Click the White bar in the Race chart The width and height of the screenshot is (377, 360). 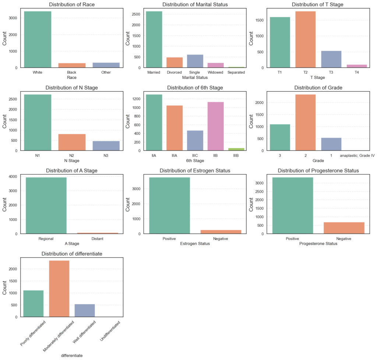(38, 39)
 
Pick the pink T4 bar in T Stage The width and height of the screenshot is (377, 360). (357, 66)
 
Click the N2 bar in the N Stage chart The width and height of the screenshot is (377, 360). (72, 142)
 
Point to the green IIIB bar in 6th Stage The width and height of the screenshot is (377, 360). (236, 149)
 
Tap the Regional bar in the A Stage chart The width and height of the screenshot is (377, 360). (46, 205)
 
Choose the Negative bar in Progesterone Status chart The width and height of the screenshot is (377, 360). (344, 228)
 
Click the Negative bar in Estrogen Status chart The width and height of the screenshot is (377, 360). (221, 232)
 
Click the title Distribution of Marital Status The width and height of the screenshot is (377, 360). (195, 5)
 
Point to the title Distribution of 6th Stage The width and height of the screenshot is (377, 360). (195, 88)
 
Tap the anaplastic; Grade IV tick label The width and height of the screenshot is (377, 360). (357, 156)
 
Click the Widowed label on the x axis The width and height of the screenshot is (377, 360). (215, 73)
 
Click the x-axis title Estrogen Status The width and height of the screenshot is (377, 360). (195, 244)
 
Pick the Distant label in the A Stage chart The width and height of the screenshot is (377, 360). (98, 239)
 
